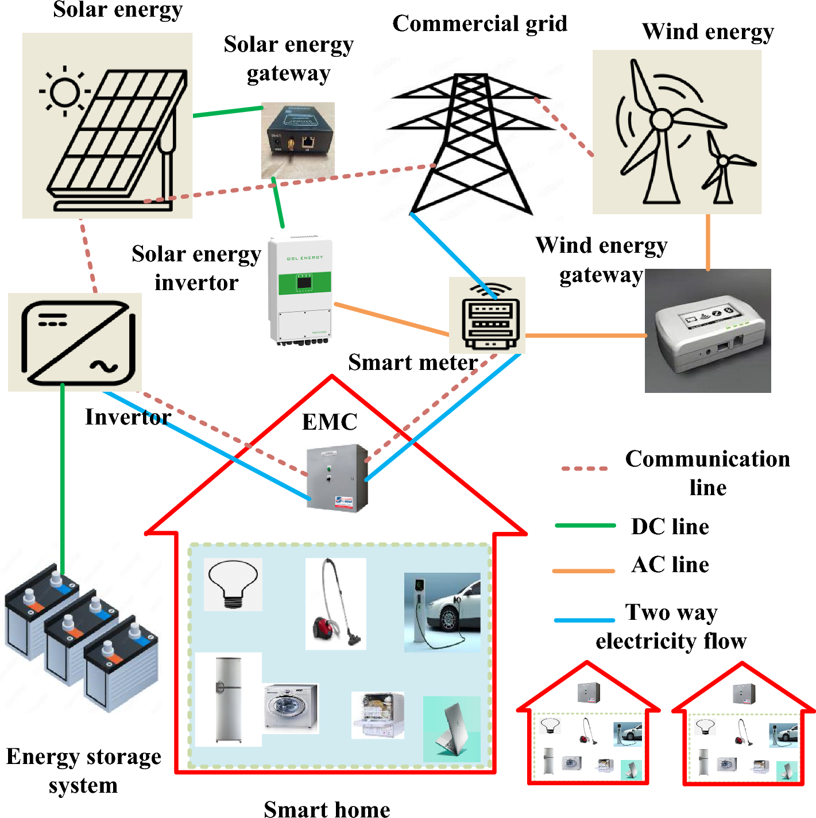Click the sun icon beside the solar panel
pos(64,91)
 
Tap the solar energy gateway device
pos(297,140)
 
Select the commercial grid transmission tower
pos(471,144)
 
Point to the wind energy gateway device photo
pos(707,331)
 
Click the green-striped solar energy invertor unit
pos(300,290)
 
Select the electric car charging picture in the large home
pos(442,612)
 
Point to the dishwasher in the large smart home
pos(378,715)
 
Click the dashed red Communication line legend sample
pos(585,469)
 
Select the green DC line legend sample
pos(585,526)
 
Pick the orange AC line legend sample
pos(583,570)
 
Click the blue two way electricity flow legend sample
pos(585,620)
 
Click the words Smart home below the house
pos(327,809)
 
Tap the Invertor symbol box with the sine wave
pos(75,342)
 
